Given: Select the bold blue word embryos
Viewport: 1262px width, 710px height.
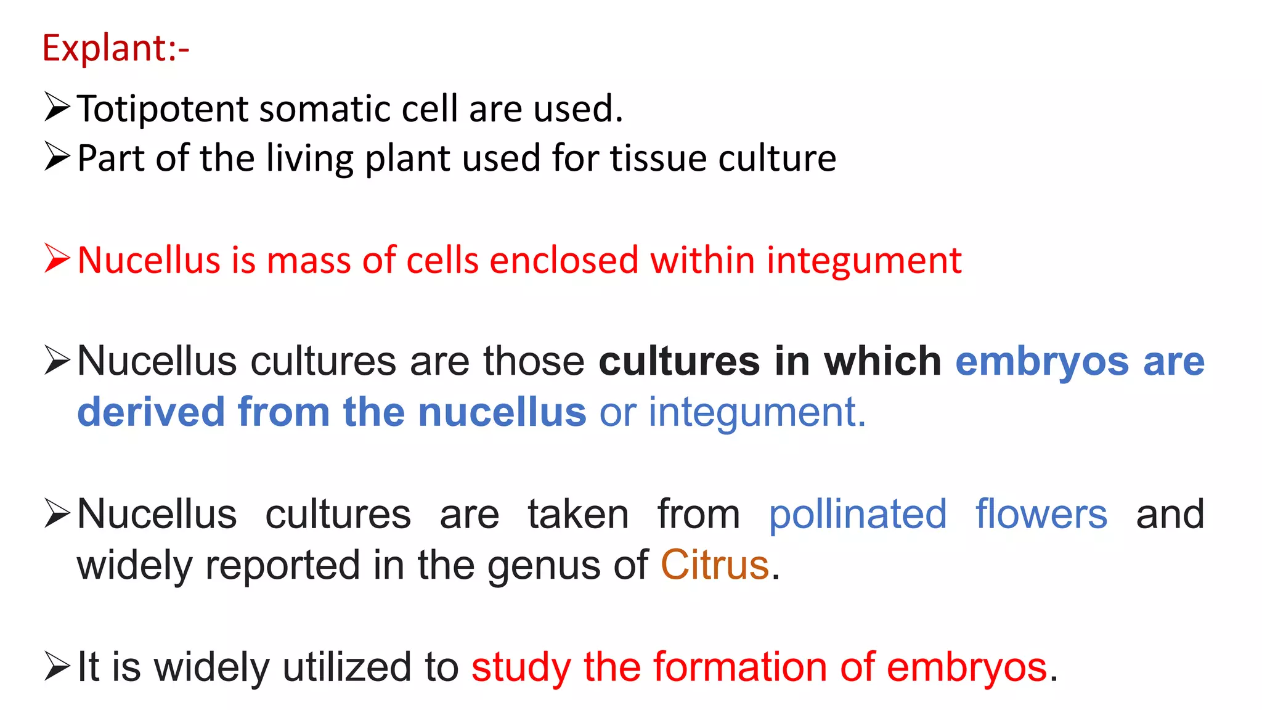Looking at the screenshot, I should [1042, 362].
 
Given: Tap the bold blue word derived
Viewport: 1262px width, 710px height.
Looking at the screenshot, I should [151, 412].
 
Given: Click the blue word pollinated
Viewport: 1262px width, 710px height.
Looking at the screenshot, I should [857, 515].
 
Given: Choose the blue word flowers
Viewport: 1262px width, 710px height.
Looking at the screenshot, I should [1041, 515].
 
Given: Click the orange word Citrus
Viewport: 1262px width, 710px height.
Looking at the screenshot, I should [715, 565].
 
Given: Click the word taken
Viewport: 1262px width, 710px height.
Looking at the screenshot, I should [578, 515].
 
